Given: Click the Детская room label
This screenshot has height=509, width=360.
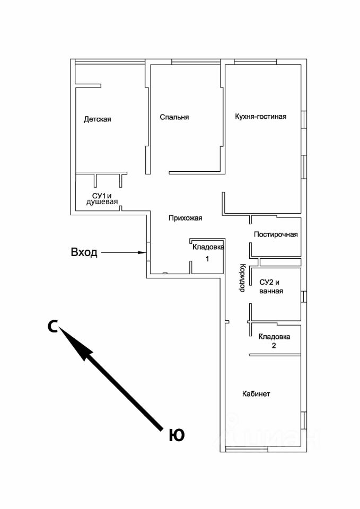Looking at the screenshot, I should tap(97, 119).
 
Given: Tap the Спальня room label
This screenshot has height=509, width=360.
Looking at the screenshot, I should tap(174, 117).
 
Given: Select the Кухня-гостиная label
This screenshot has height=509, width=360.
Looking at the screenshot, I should tap(260, 117).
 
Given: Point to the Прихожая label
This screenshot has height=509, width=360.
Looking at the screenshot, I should tap(185, 218).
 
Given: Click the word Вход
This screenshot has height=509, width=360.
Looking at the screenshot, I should tap(84, 252).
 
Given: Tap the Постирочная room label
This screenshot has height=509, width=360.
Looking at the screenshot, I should tap(276, 235).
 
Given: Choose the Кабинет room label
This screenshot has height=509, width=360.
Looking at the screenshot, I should tap(256, 394).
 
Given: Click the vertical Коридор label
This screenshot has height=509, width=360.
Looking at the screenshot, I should tap(241, 277).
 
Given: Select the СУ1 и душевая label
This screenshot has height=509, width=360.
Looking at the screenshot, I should tap(102, 198).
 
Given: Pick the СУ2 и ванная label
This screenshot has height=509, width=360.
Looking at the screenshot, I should tap(271, 287).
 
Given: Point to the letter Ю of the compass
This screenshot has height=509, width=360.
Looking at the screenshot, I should tap(177, 435).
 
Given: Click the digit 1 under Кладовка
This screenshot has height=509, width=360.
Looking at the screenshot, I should tap(207, 259).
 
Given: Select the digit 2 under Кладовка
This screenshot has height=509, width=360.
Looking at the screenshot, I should tap(274, 345).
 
